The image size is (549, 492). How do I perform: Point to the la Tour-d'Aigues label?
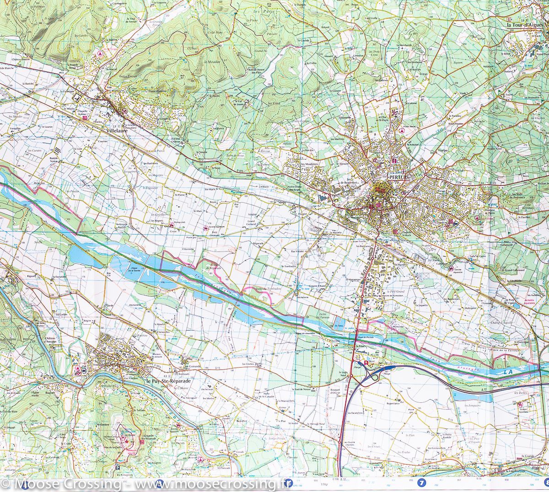pyautogui.click(x=527, y=26)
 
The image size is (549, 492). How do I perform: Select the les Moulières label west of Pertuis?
pyautogui.click(x=309, y=164)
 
